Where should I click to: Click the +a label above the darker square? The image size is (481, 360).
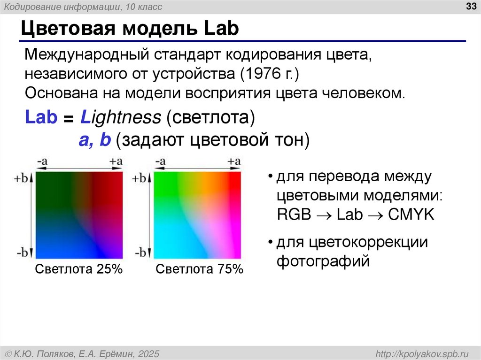116,162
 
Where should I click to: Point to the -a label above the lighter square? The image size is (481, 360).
160,162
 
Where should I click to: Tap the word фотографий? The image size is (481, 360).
323,260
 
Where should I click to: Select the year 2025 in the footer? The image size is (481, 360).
147,353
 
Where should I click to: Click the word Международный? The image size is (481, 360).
85,56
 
